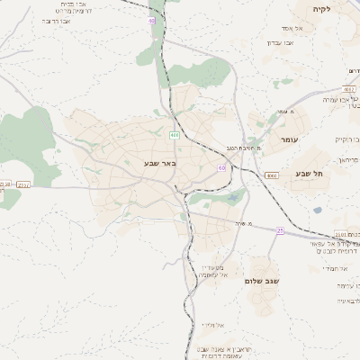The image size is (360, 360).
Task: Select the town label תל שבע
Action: [308, 174]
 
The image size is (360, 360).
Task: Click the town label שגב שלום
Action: [262, 281]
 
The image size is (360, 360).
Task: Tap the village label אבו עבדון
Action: [280, 42]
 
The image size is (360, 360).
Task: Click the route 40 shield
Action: [151, 20]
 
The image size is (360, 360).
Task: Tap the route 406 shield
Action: [174, 135]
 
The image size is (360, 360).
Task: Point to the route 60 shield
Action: [221, 167]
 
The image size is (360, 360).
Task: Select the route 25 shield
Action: [280, 230]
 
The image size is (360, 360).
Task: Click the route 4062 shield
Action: [348, 90]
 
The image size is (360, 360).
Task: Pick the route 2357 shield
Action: [22, 184]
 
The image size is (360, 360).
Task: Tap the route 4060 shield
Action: [271, 175]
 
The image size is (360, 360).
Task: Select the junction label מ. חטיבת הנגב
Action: [244, 147]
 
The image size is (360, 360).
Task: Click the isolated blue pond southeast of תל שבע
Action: [317, 211]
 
